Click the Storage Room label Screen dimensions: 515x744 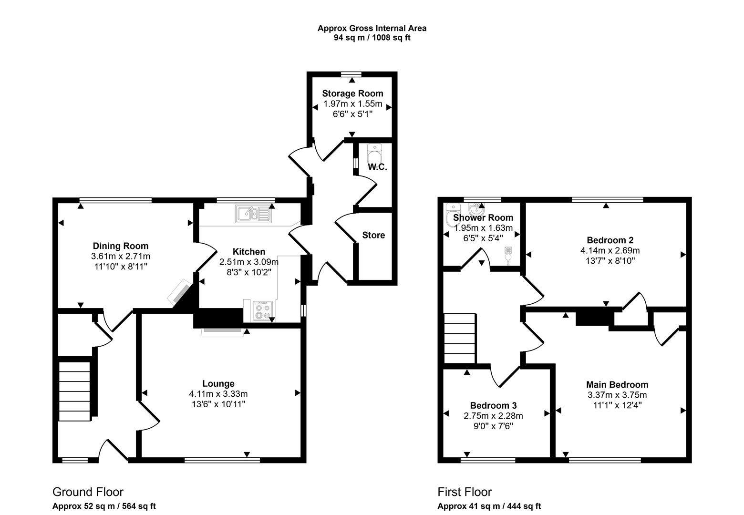click(352, 93)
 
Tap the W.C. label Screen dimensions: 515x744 click(377, 167)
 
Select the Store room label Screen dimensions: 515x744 click(373, 235)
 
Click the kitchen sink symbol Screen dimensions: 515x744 click(253, 214)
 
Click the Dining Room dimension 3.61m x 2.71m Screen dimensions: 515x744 click(121, 257)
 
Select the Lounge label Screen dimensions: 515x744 click(218, 383)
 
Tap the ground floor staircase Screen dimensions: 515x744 click(74, 391)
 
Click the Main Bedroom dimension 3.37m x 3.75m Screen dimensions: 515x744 click(617, 395)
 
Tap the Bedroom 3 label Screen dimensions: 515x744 click(493, 405)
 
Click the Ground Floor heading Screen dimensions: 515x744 click(88, 492)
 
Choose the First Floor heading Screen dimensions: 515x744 click(465, 492)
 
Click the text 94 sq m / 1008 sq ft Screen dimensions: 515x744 click(372, 38)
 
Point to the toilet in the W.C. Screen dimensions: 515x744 click(375, 154)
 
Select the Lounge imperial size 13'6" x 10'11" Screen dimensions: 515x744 click(218, 404)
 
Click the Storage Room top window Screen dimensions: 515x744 click(351, 74)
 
